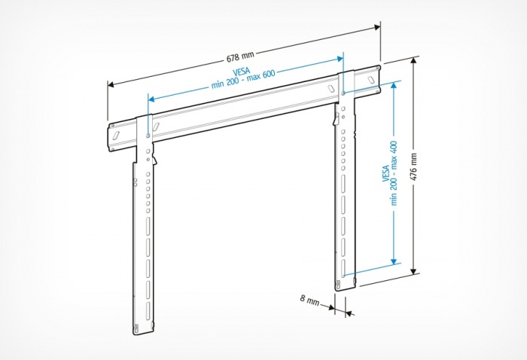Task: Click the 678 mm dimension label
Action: tap(240, 56)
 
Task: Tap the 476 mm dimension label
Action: tap(413, 166)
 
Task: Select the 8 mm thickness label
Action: tap(309, 300)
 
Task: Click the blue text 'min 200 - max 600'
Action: tap(243, 79)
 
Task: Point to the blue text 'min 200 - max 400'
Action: tap(394, 173)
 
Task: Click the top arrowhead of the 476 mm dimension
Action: tap(414, 60)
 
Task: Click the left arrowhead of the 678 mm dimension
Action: tap(111, 84)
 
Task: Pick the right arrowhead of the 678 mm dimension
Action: tap(376, 28)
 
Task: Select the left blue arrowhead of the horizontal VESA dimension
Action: tap(151, 99)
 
